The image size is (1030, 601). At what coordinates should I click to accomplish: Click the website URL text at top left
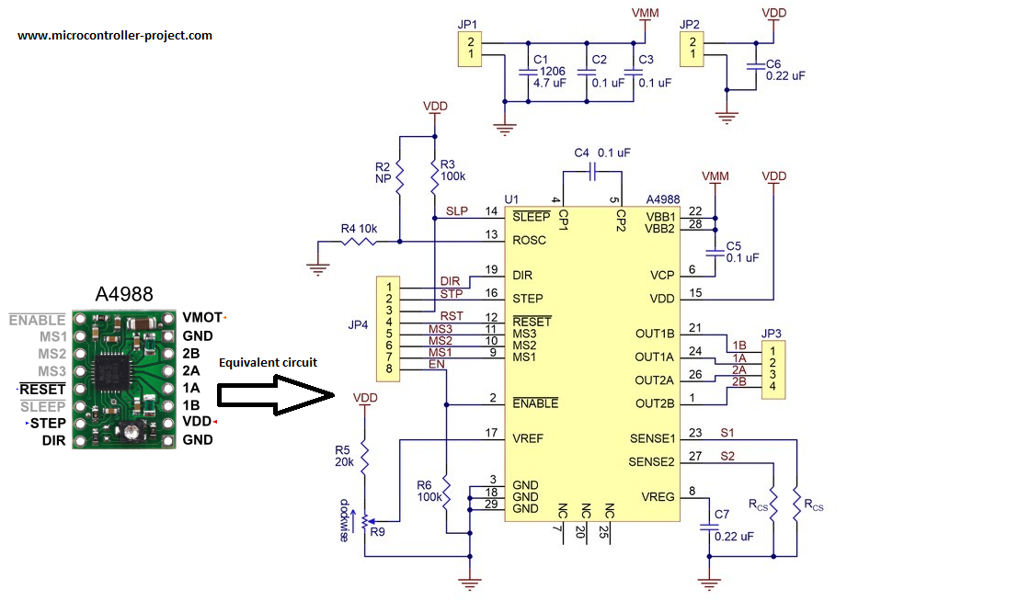pos(115,36)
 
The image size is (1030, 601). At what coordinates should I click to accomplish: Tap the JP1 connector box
pos(471,49)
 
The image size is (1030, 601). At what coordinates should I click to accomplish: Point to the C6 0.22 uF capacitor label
pos(784,70)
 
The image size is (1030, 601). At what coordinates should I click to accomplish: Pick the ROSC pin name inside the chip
pos(529,241)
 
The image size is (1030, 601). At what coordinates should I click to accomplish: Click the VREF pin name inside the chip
pos(528,438)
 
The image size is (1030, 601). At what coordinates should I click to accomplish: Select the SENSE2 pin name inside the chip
pos(652,461)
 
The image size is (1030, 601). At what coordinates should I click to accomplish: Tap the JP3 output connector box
pos(774,369)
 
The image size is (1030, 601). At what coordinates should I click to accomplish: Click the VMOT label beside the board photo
pos(202,317)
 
